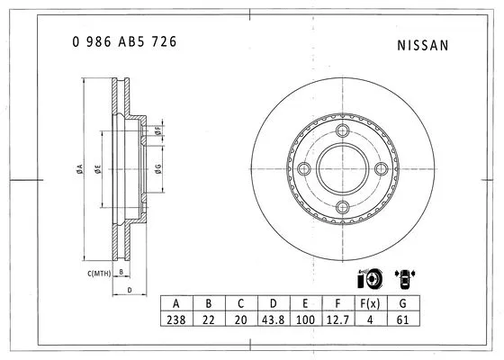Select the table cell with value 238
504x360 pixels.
176,319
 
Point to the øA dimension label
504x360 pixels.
81,171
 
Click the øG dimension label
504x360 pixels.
157,171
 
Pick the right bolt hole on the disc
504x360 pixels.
381,169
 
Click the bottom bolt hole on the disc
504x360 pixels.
342,208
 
